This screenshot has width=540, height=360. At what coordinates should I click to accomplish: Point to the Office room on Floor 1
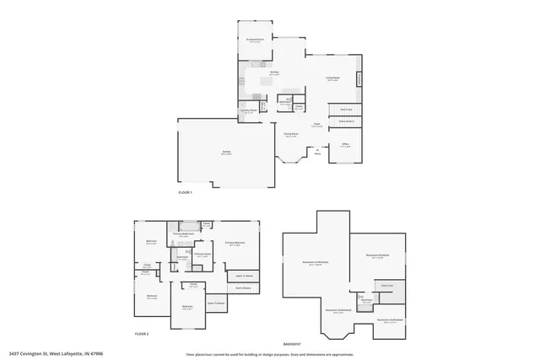point(345,145)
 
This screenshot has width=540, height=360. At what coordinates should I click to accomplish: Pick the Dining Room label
point(291,135)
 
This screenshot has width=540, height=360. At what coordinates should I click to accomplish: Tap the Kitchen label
point(274,73)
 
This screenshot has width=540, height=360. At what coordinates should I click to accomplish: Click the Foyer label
point(316,126)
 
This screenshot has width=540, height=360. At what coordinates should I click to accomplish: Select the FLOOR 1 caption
point(186,193)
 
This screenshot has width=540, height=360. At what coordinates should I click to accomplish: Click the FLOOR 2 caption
point(142,334)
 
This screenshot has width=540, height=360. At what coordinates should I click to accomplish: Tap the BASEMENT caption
point(292,344)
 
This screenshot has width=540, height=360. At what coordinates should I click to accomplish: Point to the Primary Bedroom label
point(234,244)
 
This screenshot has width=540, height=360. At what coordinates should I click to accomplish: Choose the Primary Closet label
point(202,255)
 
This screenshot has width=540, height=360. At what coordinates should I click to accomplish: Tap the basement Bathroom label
point(367,299)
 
